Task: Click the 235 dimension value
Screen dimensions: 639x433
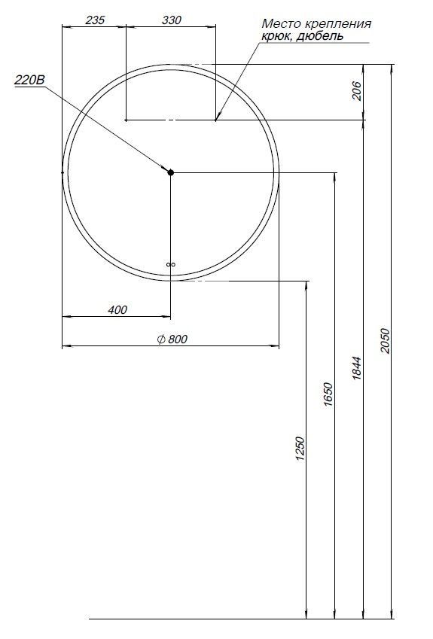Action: [x=95, y=20]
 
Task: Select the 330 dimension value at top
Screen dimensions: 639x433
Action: [x=172, y=20]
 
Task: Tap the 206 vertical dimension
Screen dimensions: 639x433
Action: [x=358, y=91]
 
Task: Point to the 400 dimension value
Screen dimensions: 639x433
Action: [x=117, y=309]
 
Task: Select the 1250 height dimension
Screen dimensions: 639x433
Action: [x=300, y=449]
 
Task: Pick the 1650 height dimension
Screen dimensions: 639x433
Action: [x=328, y=394]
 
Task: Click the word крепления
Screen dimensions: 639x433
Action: [x=336, y=24]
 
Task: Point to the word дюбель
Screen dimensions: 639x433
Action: [x=321, y=35]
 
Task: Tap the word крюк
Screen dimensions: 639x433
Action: [x=277, y=35]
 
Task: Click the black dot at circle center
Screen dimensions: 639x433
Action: [x=171, y=172]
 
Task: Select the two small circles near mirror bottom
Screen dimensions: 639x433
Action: [x=171, y=264]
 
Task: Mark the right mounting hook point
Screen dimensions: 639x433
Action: [x=215, y=120]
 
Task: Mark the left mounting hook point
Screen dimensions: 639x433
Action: [x=126, y=120]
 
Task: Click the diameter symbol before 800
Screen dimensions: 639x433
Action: [x=160, y=339]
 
